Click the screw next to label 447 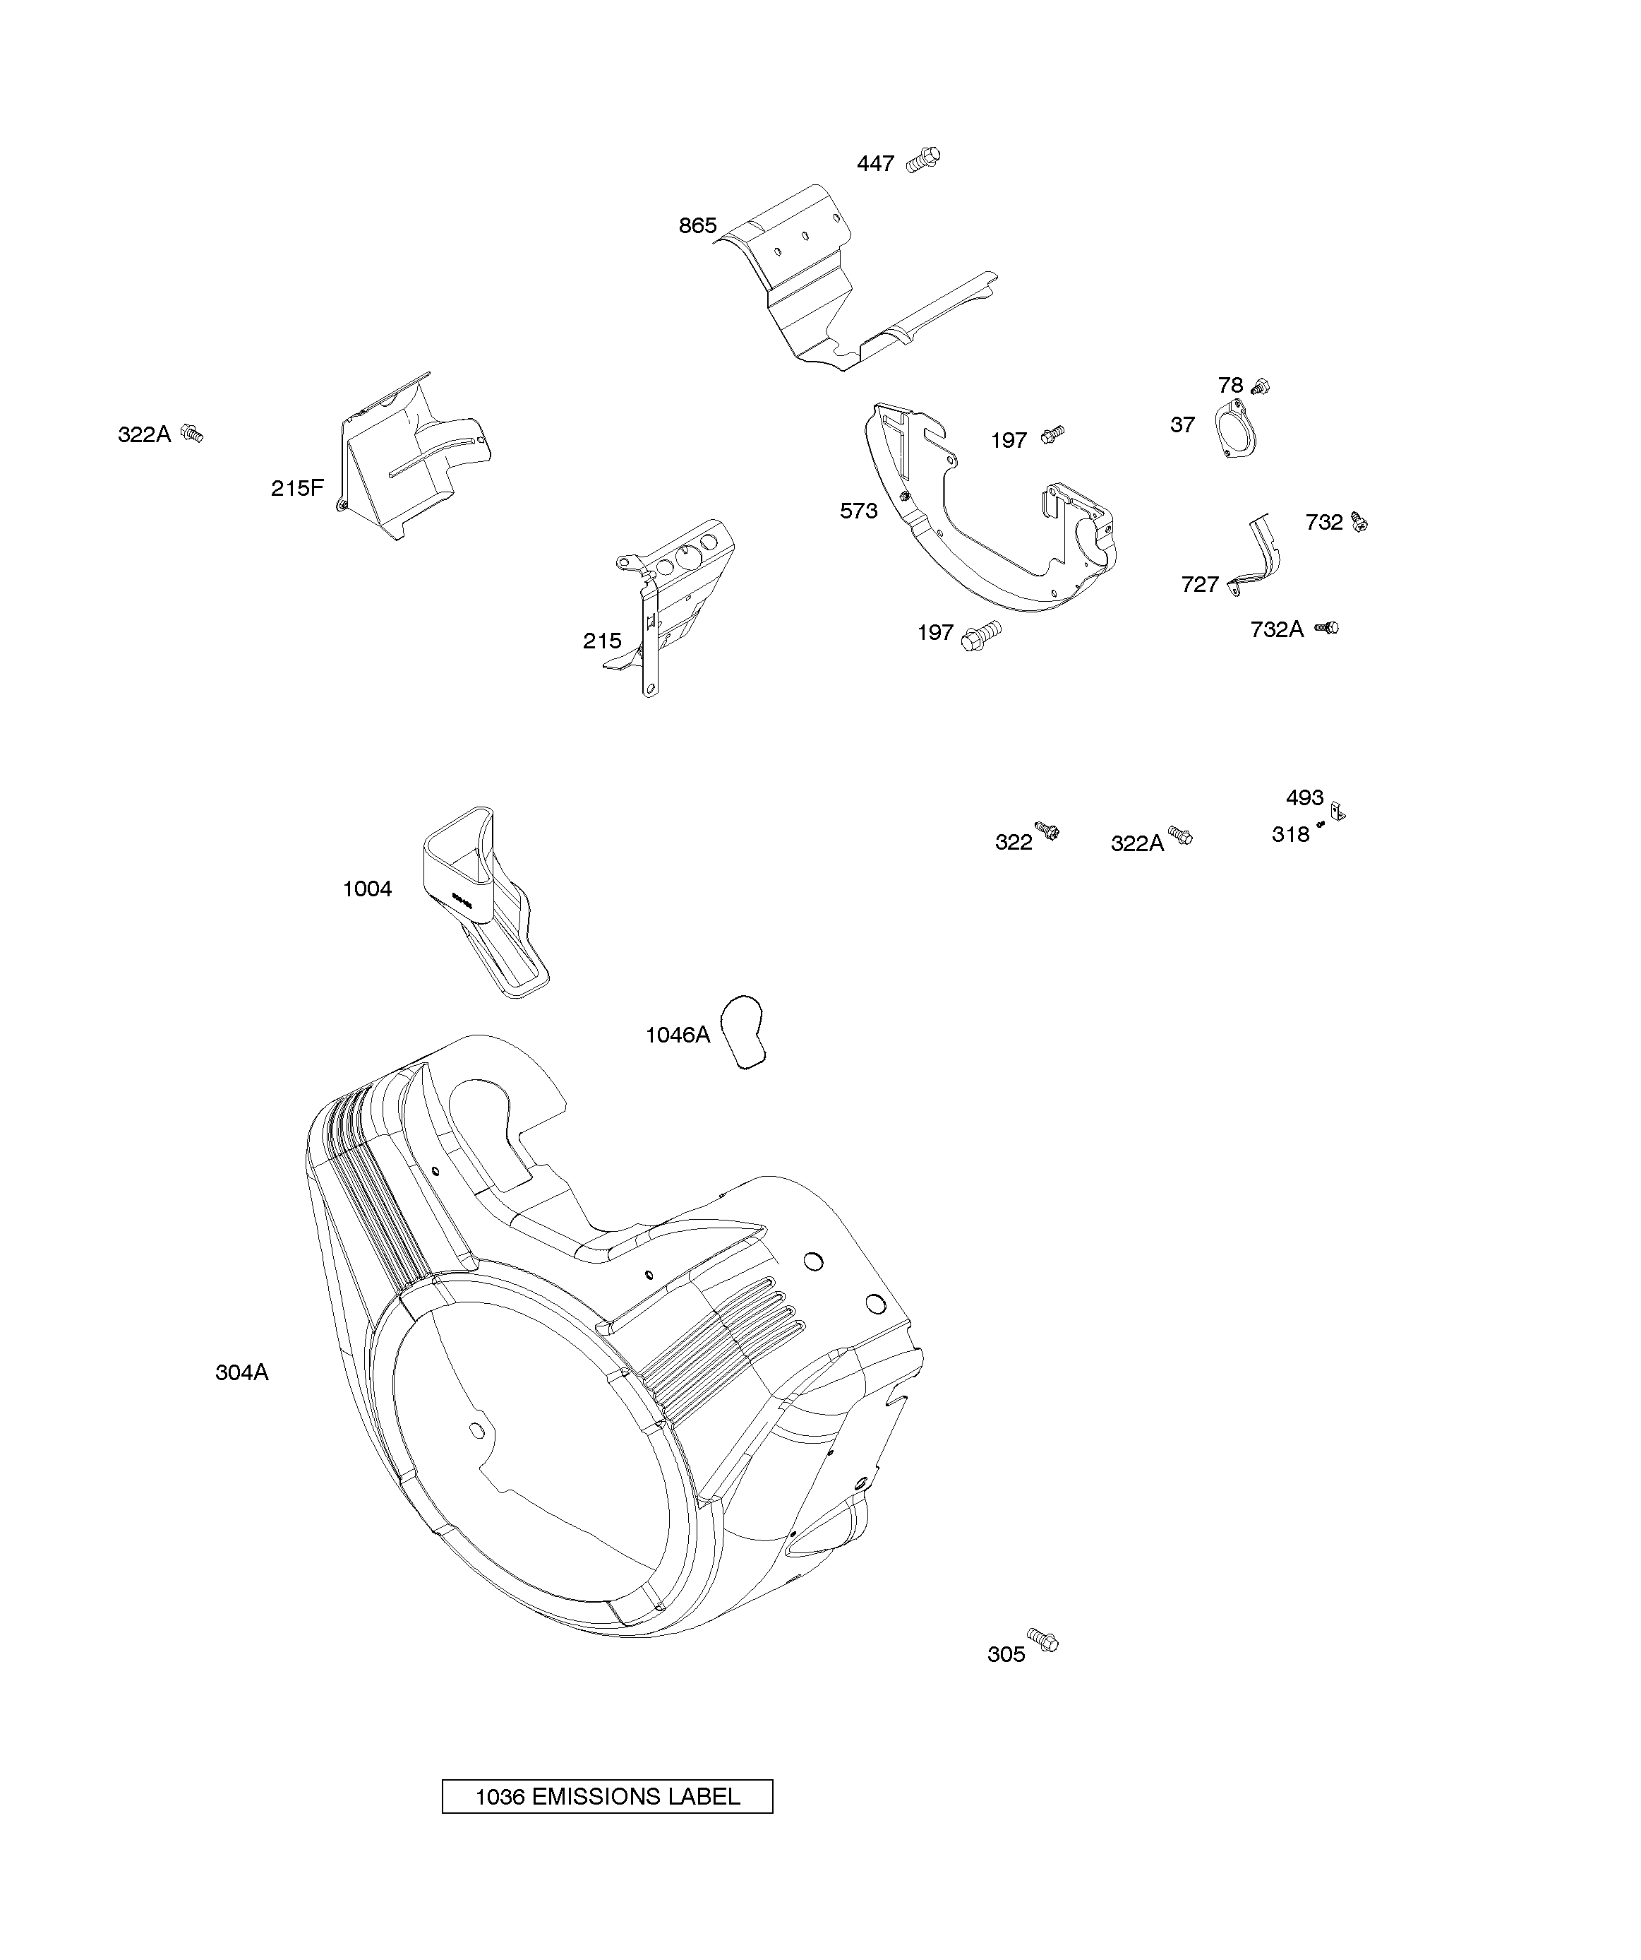pyautogui.click(x=925, y=160)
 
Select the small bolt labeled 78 pyautogui.click(x=1261, y=386)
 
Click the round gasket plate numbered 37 pyautogui.click(x=1236, y=429)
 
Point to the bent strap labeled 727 pyautogui.click(x=1259, y=555)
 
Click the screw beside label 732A pyautogui.click(x=1328, y=628)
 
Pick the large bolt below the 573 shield pyautogui.click(x=982, y=636)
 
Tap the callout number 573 pyautogui.click(x=858, y=511)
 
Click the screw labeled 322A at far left pyautogui.click(x=192, y=434)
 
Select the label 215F pyautogui.click(x=296, y=488)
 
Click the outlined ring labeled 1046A pyautogui.click(x=743, y=1031)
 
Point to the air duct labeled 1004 pyautogui.click(x=481, y=900)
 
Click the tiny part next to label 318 pyautogui.click(x=1321, y=824)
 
